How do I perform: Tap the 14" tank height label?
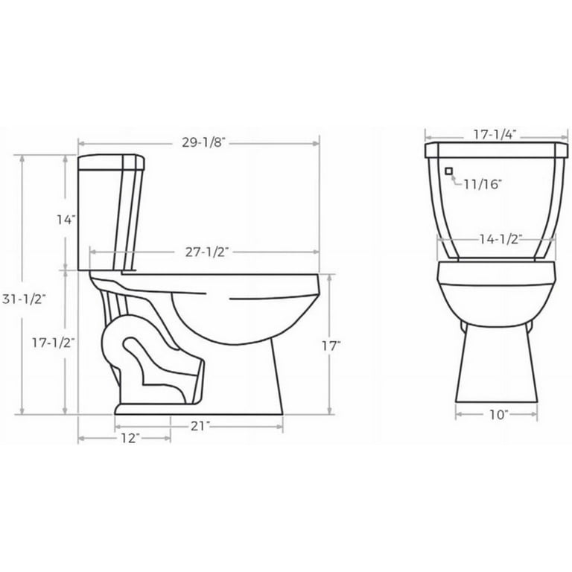[x=66, y=220]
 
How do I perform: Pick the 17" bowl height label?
[x=331, y=345]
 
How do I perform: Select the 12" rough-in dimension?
[x=128, y=439]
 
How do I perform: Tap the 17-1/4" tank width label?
[x=493, y=135]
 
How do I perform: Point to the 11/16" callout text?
[x=483, y=182]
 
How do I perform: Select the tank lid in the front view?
[x=493, y=151]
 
